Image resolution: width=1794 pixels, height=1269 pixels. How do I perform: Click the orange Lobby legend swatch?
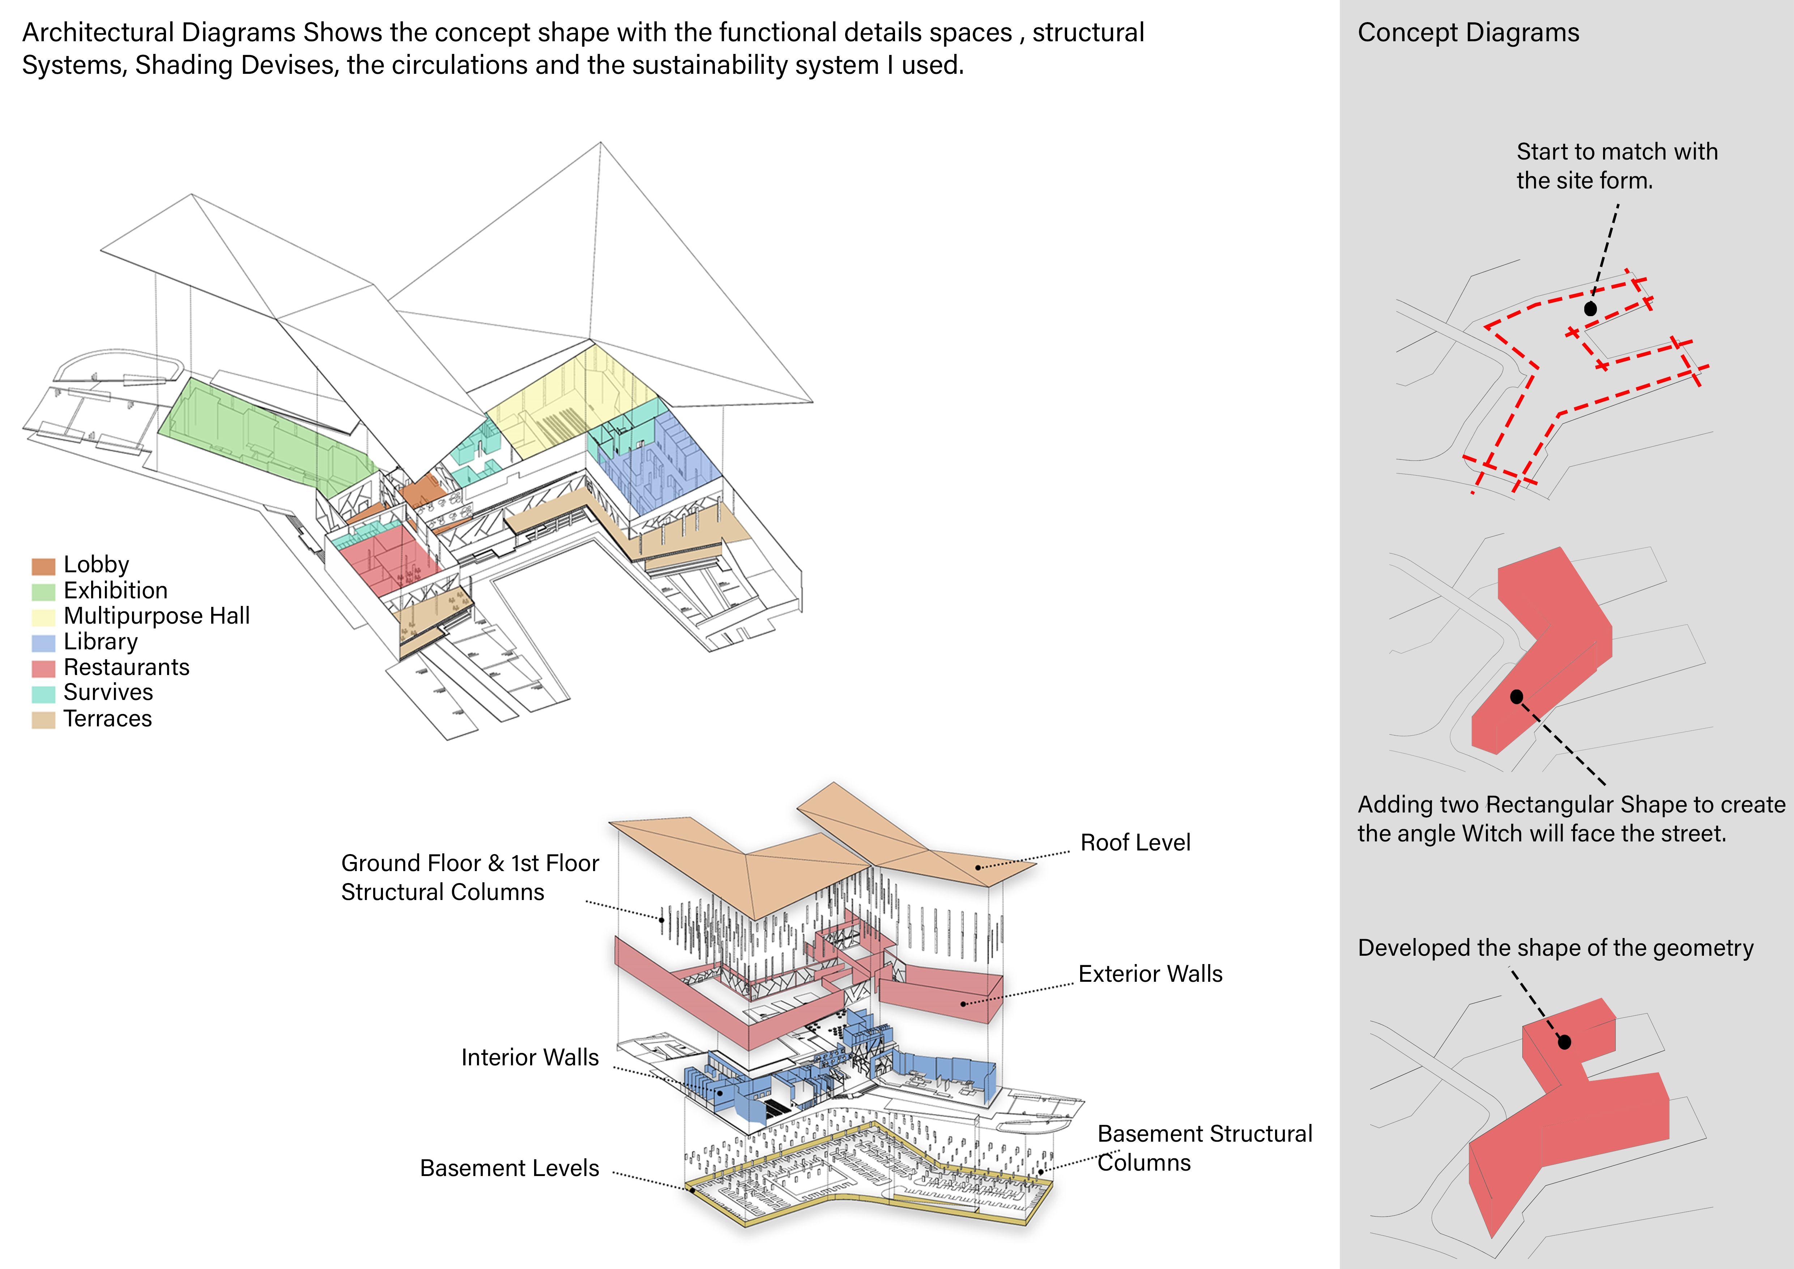43,566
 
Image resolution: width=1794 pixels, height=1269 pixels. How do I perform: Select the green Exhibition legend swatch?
43,591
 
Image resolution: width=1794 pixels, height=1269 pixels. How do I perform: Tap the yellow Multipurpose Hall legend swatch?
43,617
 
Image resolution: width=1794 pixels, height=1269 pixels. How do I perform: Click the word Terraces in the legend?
108,719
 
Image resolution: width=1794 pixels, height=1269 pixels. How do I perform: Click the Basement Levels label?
510,1168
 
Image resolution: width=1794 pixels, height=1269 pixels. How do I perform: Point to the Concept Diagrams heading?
1468,33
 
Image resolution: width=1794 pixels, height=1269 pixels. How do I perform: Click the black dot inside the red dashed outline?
1590,309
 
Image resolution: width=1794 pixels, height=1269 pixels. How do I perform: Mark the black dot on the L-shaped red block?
1517,696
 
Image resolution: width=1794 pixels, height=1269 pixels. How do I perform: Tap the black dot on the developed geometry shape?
1564,1041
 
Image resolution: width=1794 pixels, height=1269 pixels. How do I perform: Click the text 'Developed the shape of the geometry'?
1555,948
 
